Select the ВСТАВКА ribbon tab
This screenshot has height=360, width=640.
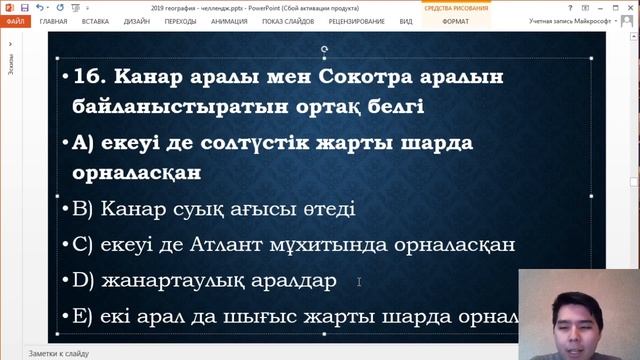pos(96,20)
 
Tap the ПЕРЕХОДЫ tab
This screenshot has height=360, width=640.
pos(180,20)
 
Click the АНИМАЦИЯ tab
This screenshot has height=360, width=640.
pos(229,20)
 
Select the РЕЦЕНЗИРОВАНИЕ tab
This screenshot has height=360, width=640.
pos(358,20)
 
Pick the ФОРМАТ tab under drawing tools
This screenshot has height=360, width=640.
pos(455,20)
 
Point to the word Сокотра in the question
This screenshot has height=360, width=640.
pos(361,77)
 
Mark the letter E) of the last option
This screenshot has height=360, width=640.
pos(82,317)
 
